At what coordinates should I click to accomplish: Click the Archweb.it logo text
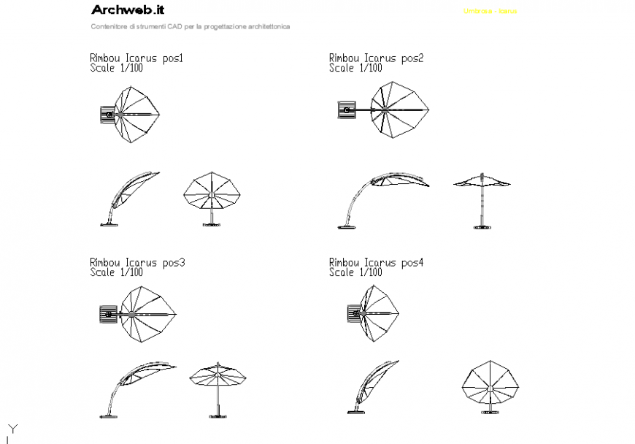(128, 10)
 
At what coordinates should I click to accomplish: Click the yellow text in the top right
(490, 12)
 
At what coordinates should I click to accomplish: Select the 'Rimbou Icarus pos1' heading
(136, 58)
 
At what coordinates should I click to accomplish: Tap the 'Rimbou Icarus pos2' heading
(376, 58)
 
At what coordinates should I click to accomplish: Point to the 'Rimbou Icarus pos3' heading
(136, 262)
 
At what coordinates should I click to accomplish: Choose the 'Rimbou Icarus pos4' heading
(376, 262)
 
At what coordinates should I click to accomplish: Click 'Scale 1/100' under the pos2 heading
(355, 68)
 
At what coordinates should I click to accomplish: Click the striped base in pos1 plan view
(107, 115)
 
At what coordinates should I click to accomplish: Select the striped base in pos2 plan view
(346, 110)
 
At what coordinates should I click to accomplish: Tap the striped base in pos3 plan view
(107, 315)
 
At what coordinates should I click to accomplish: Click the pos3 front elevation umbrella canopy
(218, 375)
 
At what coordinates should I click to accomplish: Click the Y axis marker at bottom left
(10, 429)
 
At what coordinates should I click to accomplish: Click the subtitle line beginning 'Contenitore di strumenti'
(190, 26)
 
